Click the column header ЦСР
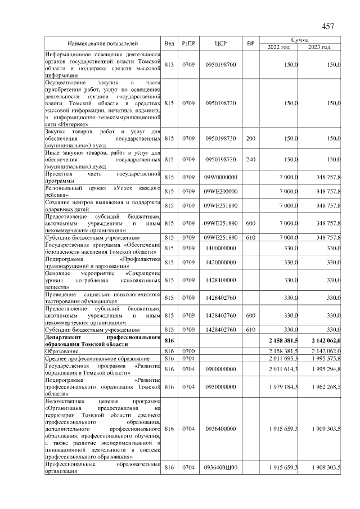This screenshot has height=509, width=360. click(220, 43)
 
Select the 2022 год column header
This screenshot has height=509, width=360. click(278, 47)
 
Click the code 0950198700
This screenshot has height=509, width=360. click(220, 65)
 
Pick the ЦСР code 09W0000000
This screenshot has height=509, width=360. click(220, 178)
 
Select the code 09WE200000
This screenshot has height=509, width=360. click(220, 191)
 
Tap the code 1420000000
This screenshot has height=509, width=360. click(220, 263)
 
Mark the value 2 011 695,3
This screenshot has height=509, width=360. click(280, 358)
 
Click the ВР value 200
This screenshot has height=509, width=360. click(251, 138)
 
